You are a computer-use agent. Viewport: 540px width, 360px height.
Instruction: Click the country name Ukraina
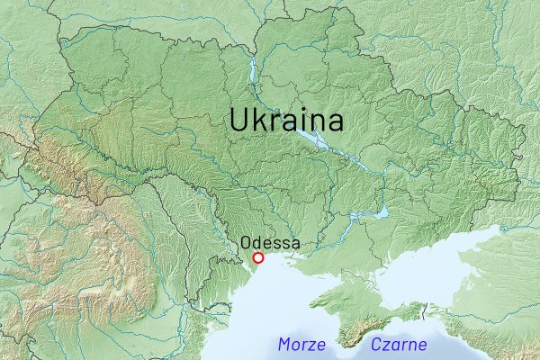coord(285,121)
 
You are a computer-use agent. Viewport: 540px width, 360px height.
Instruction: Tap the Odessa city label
coord(270,243)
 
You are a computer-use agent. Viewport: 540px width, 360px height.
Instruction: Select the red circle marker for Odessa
coord(259,258)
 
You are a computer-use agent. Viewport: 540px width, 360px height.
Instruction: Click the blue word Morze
coord(302,344)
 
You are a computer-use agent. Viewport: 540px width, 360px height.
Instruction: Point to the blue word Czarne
coord(399,344)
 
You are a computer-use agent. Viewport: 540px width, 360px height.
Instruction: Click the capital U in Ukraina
coord(239,121)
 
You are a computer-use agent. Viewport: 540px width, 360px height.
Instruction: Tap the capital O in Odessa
coord(246,243)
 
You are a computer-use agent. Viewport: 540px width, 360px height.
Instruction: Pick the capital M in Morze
coord(285,344)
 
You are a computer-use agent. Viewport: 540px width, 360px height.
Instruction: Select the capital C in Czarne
coord(376,344)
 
